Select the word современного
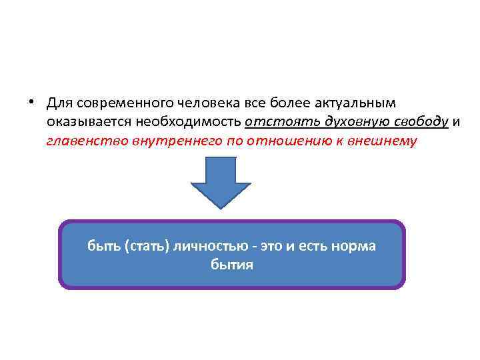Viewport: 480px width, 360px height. (x=125, y=104)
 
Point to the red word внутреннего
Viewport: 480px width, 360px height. (x=167, y=141)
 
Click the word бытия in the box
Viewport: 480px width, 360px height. (x=231, y=265)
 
